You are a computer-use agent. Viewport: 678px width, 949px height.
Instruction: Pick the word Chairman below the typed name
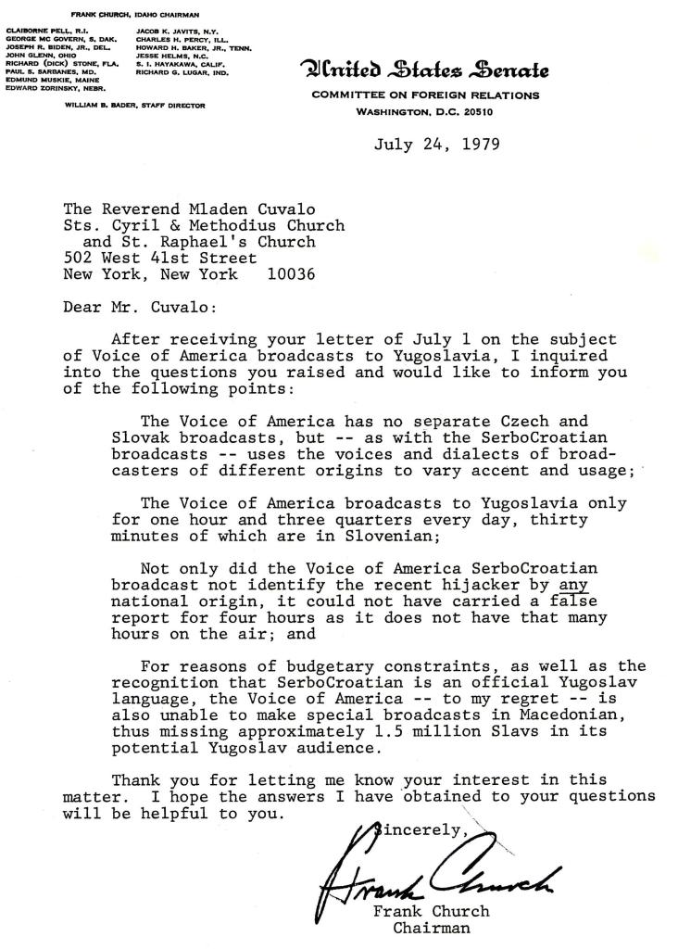coord(432,927)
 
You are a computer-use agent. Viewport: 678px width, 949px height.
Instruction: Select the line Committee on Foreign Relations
coord(426,95)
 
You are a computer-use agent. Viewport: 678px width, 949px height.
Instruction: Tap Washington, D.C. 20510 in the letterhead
coord(426,111)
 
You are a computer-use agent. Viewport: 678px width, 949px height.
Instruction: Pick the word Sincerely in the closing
coord(416,829)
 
